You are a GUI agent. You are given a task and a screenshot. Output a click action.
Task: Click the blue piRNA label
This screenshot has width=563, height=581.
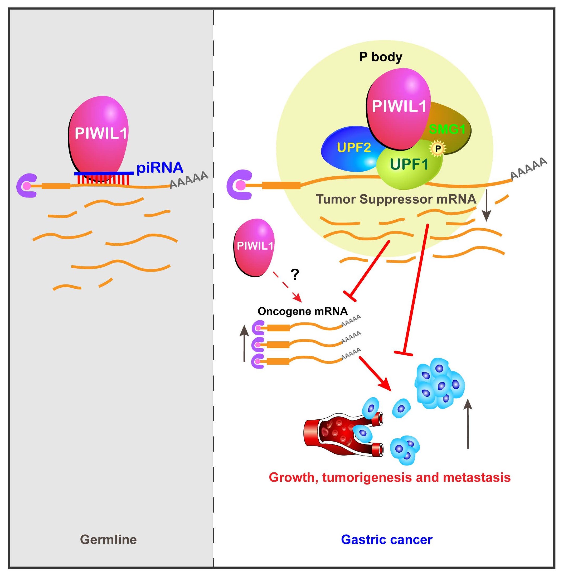tap(160, 168)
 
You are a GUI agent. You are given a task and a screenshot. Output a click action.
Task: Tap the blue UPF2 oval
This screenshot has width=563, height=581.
tap(350, 148)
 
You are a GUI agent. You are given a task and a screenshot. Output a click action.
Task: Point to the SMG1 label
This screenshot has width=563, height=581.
tap(447, 129)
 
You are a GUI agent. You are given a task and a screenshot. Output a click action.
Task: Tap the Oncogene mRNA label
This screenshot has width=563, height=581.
tap(302, 311)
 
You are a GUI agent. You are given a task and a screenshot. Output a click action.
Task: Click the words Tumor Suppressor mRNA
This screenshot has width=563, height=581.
tap(396, 199)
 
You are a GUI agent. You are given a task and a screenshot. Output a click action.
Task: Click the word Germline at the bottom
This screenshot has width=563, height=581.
tap(108, 540)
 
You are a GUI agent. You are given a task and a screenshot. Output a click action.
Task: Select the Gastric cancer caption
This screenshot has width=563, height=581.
tap(386, 540)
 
